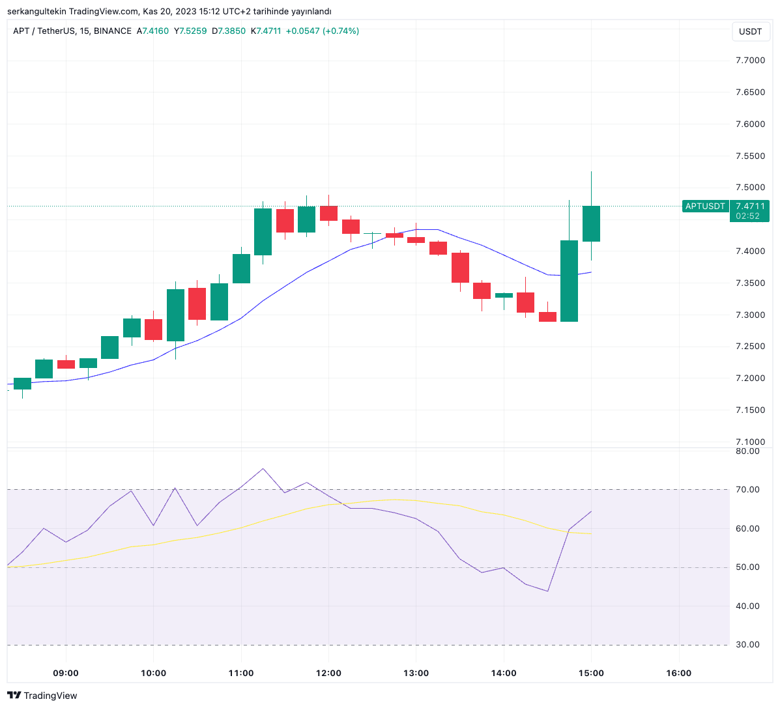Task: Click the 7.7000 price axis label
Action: coord(750,61)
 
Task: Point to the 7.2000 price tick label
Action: coord(750,378)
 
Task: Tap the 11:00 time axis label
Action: coord(241,673)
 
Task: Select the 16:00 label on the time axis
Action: coord(679,673)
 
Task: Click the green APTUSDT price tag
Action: coord(705,206)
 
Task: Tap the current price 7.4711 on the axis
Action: coord(750,206)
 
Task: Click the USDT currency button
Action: coord(751,31)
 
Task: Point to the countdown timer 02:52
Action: coord(747,216)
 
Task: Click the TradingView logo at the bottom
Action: coord(42,696)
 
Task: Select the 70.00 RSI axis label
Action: coord(747,490)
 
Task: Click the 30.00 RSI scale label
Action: coord(747,645)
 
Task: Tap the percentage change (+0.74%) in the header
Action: coord(341,31)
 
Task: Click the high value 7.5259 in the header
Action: coord(193,31)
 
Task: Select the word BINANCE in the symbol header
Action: coord(112,31)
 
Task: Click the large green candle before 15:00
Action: coord(569,281)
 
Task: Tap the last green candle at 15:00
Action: coord(591,223)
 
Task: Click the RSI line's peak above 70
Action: coord(263,468)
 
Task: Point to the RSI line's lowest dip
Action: coord(547,591)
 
